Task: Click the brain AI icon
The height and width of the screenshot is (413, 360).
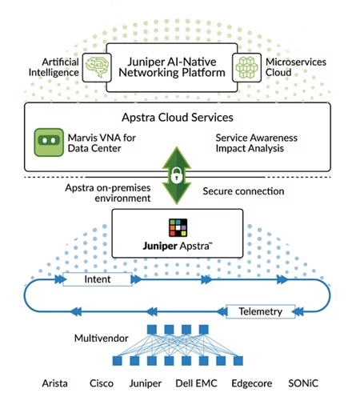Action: click(x=97, y=67)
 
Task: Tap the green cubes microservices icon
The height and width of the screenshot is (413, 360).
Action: click(x=246, y=67)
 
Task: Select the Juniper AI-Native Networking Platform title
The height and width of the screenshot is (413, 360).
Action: click(x=172, y=67)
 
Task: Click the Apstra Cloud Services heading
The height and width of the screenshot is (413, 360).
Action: click(x=178, y=118)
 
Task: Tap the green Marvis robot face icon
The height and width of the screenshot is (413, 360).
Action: click(x=49, y=142)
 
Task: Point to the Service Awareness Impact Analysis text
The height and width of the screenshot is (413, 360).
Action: click(x=256, y=143)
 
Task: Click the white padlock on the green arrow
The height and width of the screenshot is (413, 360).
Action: click(x=177, y=175)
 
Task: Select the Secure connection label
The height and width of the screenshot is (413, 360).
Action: click(x=243, y=191)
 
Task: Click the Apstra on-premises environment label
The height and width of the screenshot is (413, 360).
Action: click(x=108, y=193)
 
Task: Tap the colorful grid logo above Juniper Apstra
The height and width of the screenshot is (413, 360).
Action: click(x=178, y=227)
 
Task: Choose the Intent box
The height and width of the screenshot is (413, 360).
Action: click(x=98, y=279)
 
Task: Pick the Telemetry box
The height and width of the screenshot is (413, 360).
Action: click(x=261, y=311)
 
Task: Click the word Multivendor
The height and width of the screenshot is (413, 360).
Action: click(x=102, y=339)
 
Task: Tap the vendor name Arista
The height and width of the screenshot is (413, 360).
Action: click(x=54, y=383)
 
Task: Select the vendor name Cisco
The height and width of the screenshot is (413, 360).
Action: click(x=102, y=383)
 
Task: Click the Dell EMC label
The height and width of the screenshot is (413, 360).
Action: click(x=196, y=383)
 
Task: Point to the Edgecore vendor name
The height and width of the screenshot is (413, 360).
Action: click(x=252, y=383)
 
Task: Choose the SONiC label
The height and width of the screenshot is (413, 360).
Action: click(x=303, y=383)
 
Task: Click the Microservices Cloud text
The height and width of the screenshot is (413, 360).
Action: click(x=296, y=67)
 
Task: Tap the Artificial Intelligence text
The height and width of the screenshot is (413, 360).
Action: click(x=54, y=67)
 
